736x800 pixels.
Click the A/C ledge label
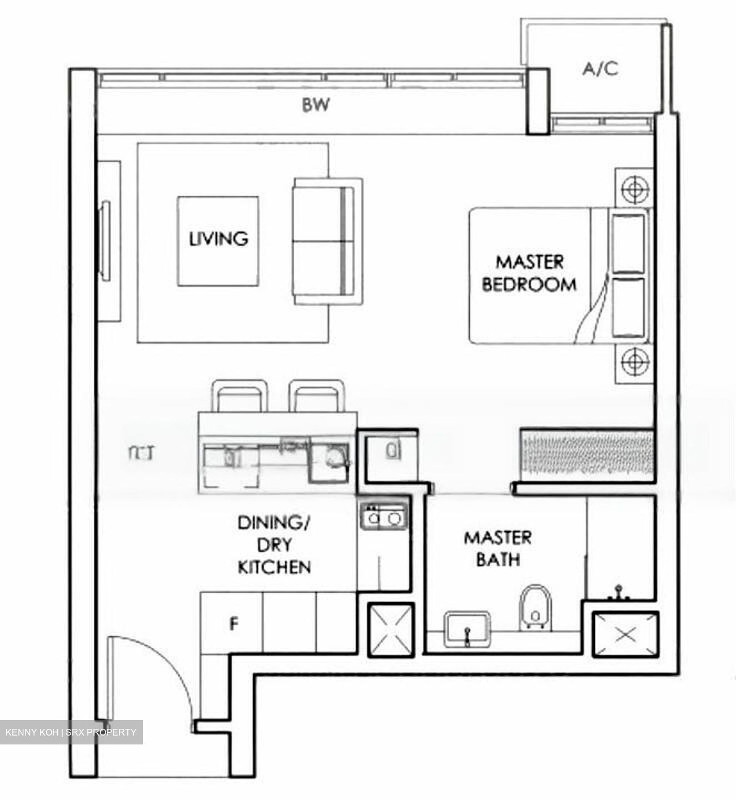(600, 69)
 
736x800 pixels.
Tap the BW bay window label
(316, 105)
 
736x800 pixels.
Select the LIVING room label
(218, 239)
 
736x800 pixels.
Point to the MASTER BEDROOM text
(529, 273)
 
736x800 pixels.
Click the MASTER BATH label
(498, 548)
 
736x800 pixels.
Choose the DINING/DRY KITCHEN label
(273, 544)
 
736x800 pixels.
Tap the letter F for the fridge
(235, 624)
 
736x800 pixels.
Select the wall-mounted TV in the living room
(105, 241)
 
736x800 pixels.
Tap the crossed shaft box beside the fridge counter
(391, 629)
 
